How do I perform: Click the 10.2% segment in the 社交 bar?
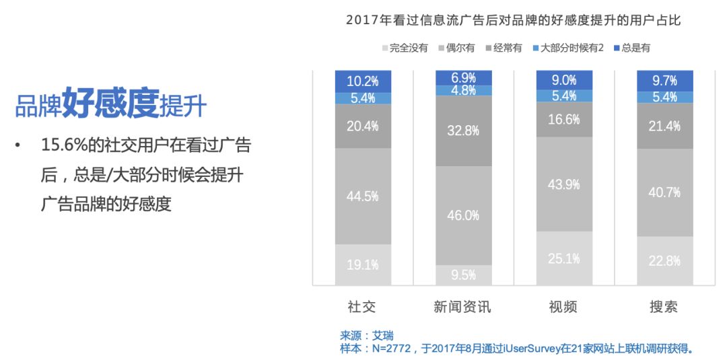tap(363, 81)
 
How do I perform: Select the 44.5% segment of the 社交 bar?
tap(363, 196)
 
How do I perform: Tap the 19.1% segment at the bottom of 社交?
tap(363, 264)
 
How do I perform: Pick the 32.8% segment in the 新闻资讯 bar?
tap(463, 131)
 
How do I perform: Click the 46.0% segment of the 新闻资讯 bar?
tap(463, 215)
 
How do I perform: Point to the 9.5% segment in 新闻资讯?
tap(463, 275)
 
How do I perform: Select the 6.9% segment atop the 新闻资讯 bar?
tap(463, 77)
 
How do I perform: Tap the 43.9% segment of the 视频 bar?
tap(564, 184)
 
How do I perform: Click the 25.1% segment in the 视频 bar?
tap(564, 258)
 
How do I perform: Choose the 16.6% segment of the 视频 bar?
tap(564, 119)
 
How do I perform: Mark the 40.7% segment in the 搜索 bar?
tap(665, 192)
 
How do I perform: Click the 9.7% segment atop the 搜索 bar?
tap(665, 81)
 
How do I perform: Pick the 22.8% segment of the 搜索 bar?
tap(665, 260)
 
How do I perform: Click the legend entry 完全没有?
tap(405, 48)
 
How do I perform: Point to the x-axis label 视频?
tap(563, 307)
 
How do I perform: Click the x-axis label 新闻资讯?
tap(462, 307)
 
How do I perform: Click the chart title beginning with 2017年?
tap(514, 20)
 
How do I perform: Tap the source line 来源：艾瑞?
tap(367, 335)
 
